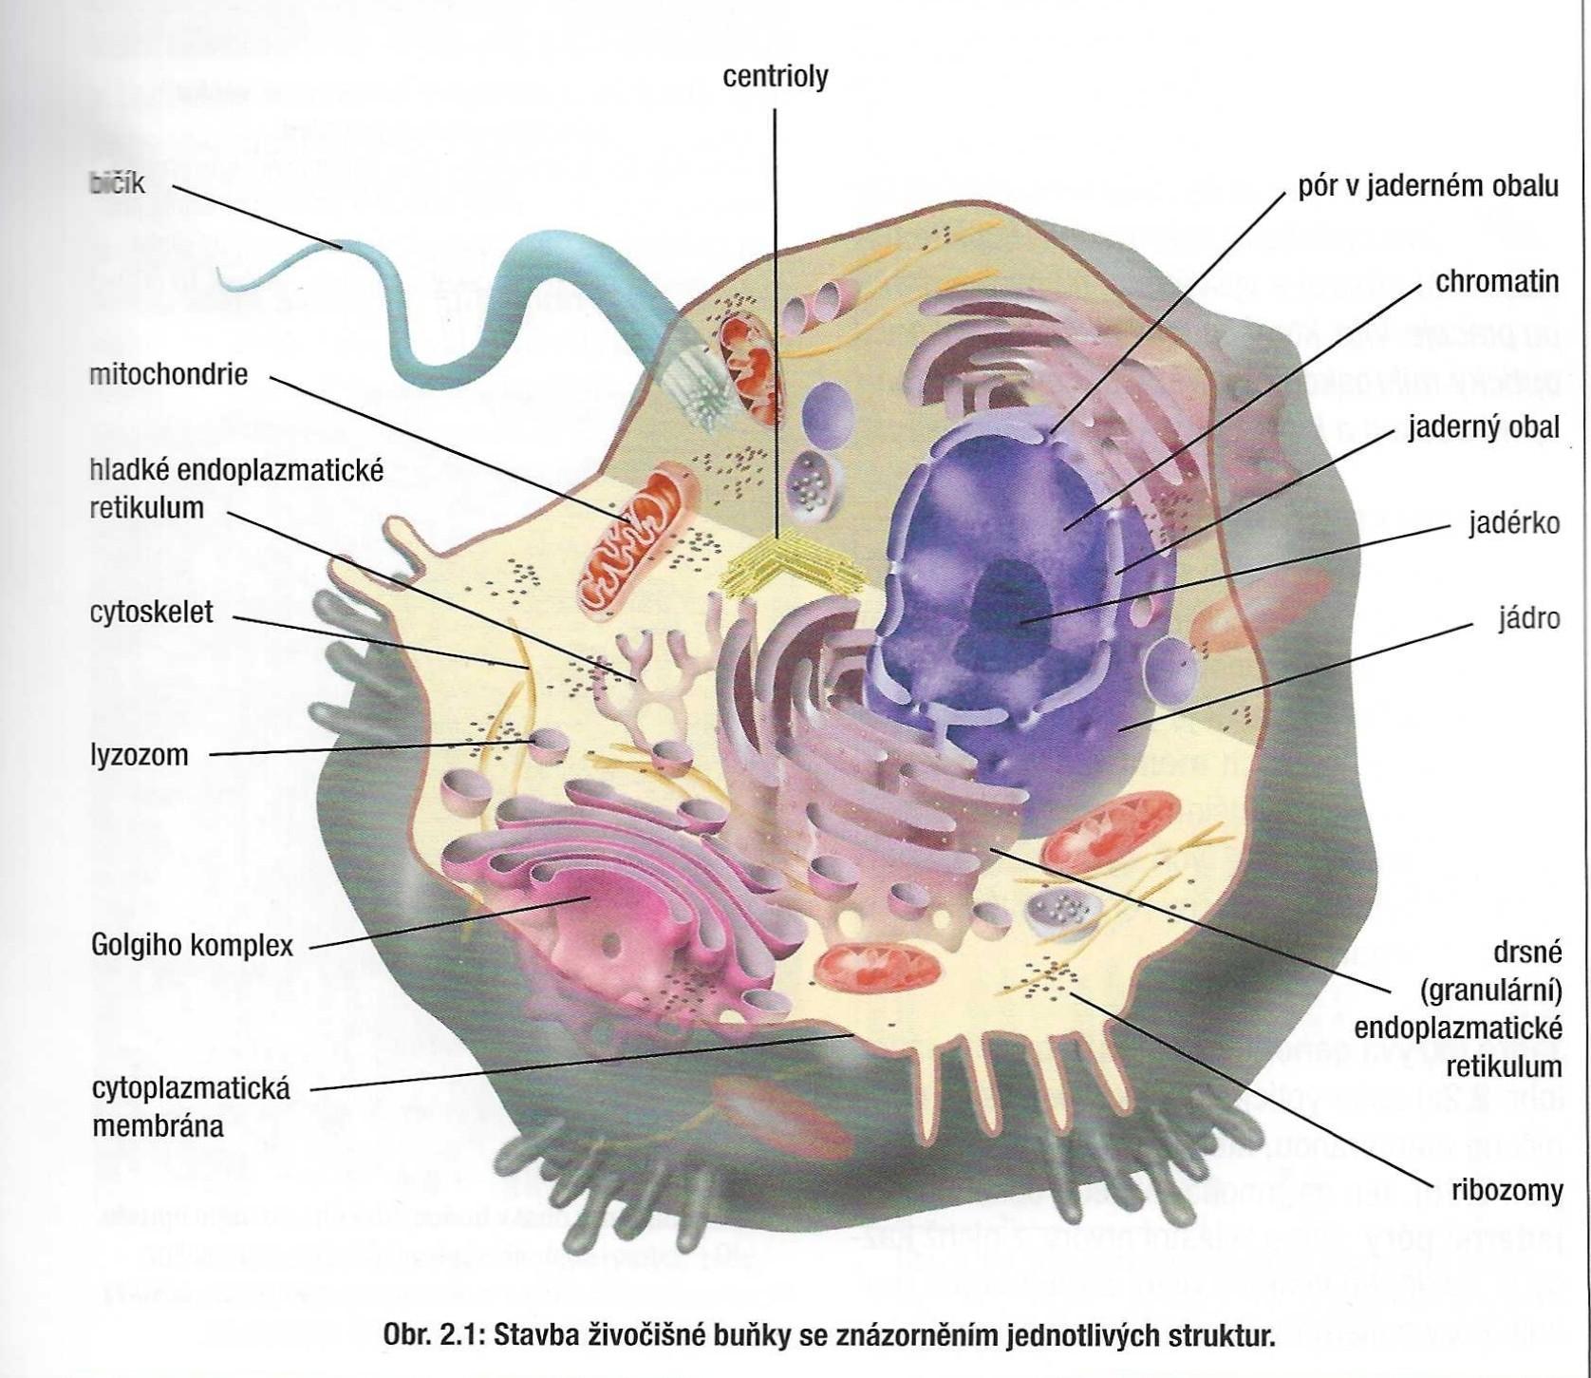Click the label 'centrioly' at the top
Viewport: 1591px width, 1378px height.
[x=775, y=76]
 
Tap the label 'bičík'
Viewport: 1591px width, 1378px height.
[x=118, y=183]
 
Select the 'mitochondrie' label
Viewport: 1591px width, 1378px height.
[x=168, y=374]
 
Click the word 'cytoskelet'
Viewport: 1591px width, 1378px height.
[x=152, y=613]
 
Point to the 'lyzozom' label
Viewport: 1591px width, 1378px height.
[x=140, y=756]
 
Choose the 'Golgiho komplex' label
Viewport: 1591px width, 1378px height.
[x=192, y=945]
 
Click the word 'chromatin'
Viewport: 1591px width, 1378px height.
[x=1497, y=282]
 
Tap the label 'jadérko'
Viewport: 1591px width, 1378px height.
[x=1513, y=523]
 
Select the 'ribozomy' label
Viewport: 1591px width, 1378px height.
[x=1507, y=1190]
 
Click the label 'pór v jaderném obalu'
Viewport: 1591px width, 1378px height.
[x=1428, y=186]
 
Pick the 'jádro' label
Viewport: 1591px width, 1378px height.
[x=1528, y=619]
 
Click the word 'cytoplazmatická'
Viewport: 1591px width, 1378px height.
[x=191, y=1088]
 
